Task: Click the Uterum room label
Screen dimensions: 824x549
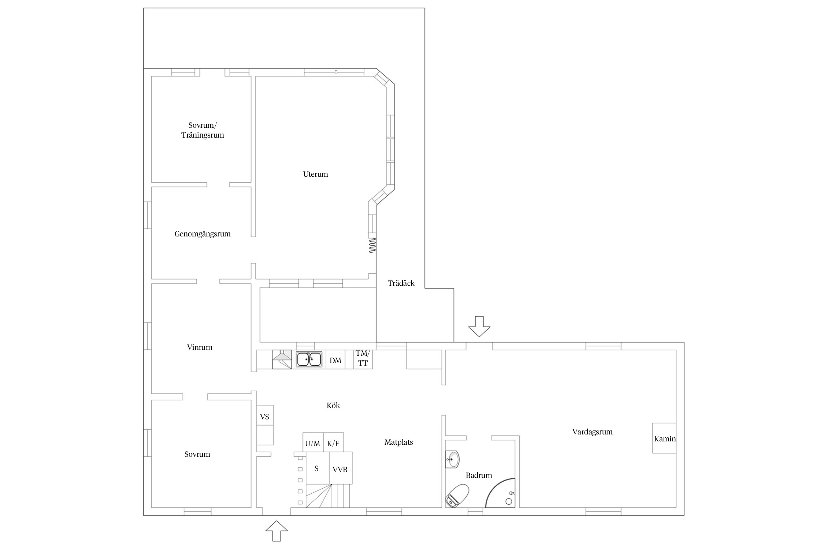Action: (x=315, y=174)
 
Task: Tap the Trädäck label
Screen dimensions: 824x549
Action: (x=401, y=283)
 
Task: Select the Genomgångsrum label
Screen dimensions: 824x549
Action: (x=203, y=234)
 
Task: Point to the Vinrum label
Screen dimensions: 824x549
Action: (x=200, y=347)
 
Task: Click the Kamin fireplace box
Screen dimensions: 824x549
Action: (x=664, y=438)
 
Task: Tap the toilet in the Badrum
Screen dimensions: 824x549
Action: (x=457, y=496)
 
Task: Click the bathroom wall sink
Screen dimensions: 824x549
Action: (x=452, y=459)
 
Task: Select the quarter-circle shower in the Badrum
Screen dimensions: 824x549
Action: (x=500, y=493)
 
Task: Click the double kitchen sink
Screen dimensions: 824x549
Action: (x=309, y=359)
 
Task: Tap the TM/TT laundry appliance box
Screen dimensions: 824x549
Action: (x=363, y=359)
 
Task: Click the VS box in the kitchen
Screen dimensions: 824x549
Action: (x=265, y=415)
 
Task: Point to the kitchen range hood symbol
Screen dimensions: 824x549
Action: (x=282, y=359)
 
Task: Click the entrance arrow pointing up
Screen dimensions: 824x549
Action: (x=276, y=531)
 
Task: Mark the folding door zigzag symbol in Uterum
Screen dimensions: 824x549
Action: (x=372, y=245)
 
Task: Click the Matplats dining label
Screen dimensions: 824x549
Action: (x=398, y=442)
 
